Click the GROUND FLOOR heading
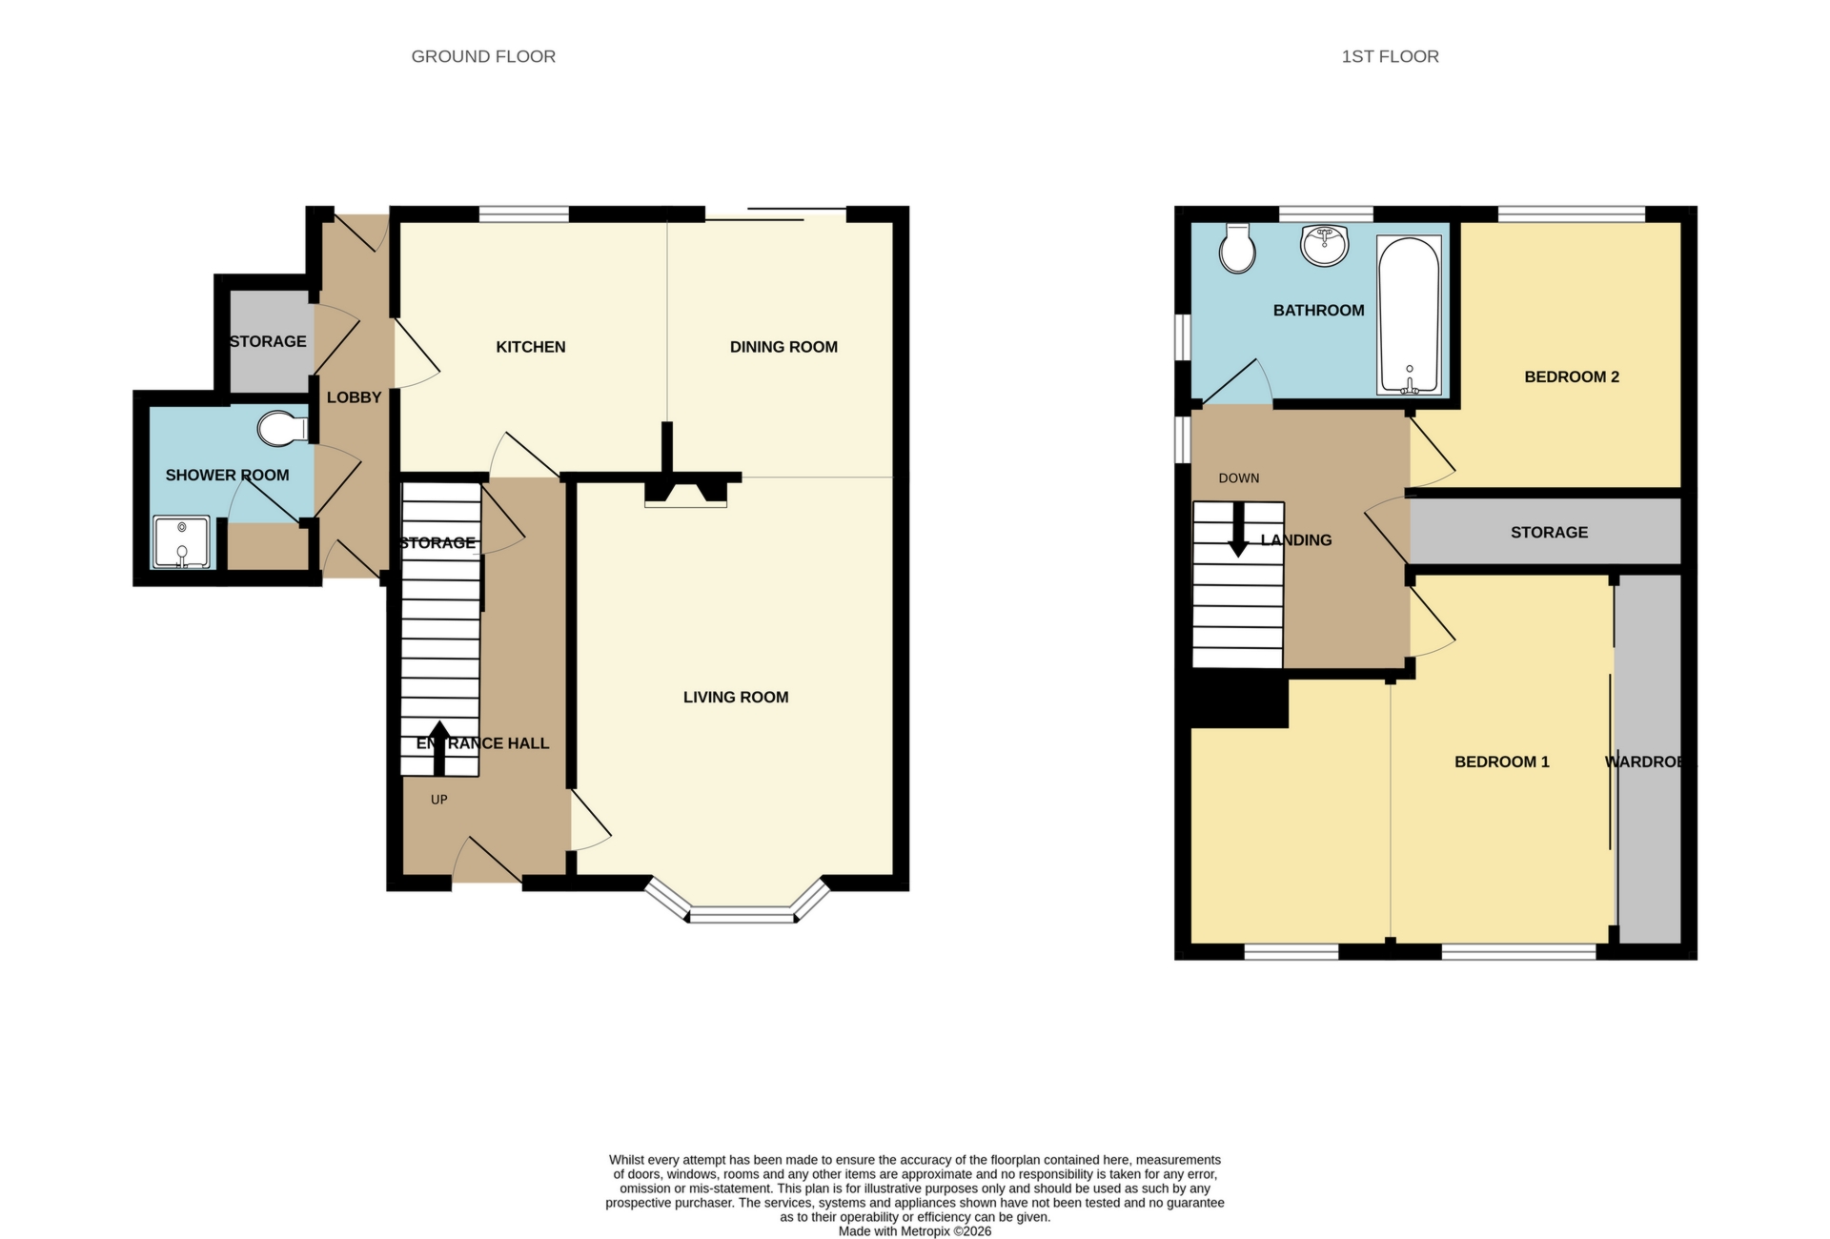point(483,56)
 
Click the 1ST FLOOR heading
point(1390,56)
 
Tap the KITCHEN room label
point(531,347)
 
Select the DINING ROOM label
point(783,347)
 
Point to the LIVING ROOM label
point(736,697)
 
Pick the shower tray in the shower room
point(181,541)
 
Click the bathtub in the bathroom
point(1409,315)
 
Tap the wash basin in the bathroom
point(1324,245)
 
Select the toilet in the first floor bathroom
point(1237,249)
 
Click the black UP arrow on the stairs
point(439,748)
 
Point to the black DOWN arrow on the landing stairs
point(1238,530)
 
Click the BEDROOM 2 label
point(1572,376)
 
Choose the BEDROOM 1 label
point(1501,762)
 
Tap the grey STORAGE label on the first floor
point(1549,532)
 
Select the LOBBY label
point(354,397)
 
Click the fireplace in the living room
point(685,493)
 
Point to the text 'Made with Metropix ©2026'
point(914,1231)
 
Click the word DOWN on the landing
point(1238,478)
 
